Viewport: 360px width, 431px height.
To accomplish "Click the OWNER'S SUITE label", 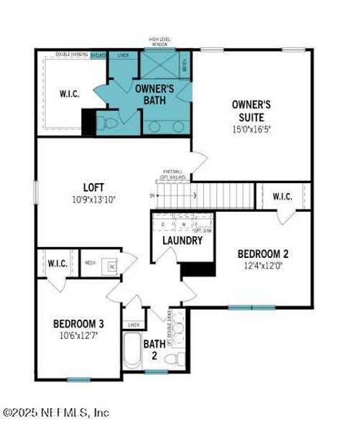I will [x=247, y=110].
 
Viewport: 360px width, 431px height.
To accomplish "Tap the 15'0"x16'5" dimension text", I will [x=247, y=130].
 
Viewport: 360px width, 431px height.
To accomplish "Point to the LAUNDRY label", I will [x=182, y=241].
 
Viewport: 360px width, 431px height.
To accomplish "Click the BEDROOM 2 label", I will [x=263, y=254].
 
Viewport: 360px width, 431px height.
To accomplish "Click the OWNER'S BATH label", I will [x=152, y=95].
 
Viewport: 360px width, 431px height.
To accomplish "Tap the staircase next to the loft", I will [x=221, y=194].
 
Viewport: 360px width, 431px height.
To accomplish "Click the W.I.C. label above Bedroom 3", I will [x=57, y=264].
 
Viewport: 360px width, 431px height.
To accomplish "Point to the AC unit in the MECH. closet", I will [x=111, y=267].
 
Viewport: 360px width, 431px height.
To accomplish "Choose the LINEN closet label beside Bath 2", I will [x=134, y=325].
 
